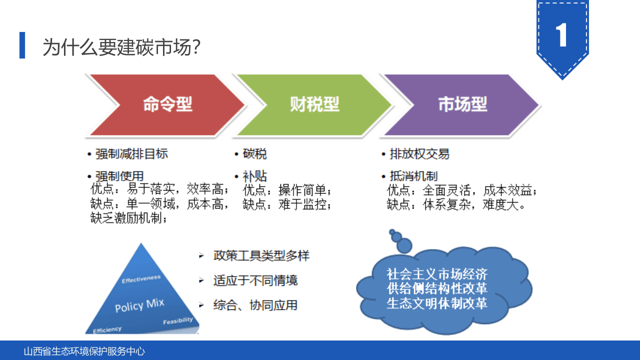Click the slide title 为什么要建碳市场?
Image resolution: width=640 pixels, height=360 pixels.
(122, 47)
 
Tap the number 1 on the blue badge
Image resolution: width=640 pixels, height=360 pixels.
(562, 35)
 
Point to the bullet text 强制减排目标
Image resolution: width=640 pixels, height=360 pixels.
(131, 154)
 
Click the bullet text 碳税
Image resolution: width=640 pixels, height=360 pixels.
(254, 154)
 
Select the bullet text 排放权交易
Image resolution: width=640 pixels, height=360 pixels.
(419, 154)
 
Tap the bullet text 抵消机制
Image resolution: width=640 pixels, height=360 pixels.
(413, 176)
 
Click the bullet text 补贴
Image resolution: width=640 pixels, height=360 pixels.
(254, 176)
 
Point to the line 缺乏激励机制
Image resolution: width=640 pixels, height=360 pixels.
(129, 218)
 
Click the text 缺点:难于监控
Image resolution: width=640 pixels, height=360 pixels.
(286, 204)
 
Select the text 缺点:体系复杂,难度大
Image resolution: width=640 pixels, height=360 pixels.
(456, 204)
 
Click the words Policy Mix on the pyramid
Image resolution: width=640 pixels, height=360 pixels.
(139, 305)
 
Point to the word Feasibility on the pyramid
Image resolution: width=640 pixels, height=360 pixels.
(177, 320)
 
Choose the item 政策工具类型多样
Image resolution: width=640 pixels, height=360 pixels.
(261, 255)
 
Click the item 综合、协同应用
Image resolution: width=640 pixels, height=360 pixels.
(255, 305)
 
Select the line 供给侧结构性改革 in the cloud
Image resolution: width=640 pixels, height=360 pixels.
(437, 288)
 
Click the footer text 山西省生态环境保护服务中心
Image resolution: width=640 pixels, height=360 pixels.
(84, 351)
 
